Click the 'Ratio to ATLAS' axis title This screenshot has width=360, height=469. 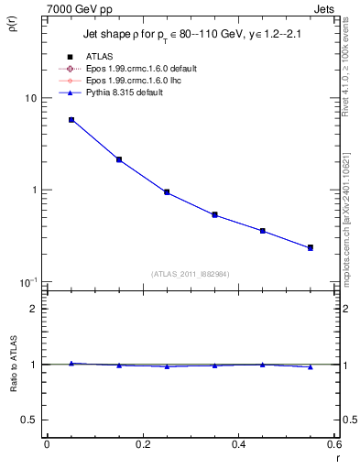point(12,389)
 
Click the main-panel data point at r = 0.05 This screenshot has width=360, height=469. point(71,120)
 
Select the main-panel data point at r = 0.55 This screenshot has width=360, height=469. point(311,247)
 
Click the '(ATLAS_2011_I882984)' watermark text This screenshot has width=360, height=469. point(191,274)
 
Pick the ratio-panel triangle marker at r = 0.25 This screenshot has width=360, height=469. point(167,366)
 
